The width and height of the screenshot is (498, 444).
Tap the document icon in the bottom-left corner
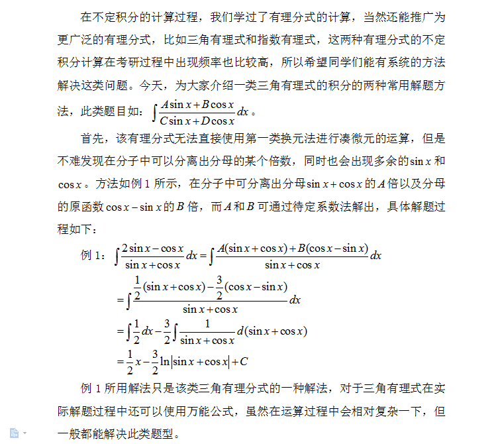tap(15, 432)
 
